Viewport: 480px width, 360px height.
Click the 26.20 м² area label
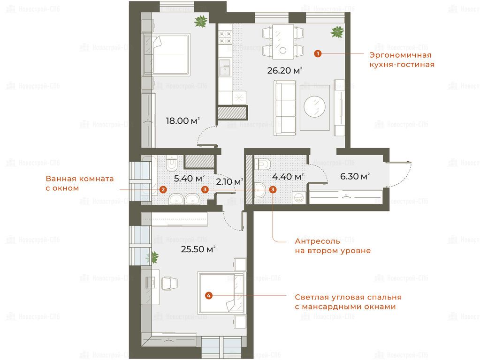(x=285, y=71)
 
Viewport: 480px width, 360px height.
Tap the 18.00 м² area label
(x=183, y=120)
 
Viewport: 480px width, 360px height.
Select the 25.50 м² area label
(x=198, y=249)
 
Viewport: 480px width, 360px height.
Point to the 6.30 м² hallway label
(x=355, y=176)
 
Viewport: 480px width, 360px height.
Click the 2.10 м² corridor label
(x=229, y=182)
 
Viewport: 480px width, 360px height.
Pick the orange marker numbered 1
(x=318, y=54)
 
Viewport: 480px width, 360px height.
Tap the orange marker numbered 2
(x=163, y=190)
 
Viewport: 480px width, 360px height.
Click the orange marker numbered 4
(x=208, y=295)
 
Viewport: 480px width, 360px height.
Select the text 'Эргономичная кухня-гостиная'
(x=402, y=60)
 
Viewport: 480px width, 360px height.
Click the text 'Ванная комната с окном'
(x=80, y=183)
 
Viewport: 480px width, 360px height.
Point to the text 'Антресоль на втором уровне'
(x=333, y=246)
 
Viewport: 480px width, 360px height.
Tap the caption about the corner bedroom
(x=348, y=302)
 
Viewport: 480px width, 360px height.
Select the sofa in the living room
(x=285, y=108)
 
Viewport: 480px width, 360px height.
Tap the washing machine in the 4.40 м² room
(x=298, y=198)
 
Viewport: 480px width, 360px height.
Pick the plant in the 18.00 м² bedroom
(x=201, y=21)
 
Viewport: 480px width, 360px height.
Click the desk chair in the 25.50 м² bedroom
(x=169, y=283)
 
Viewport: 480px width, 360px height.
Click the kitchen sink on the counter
(x=225, y=67)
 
